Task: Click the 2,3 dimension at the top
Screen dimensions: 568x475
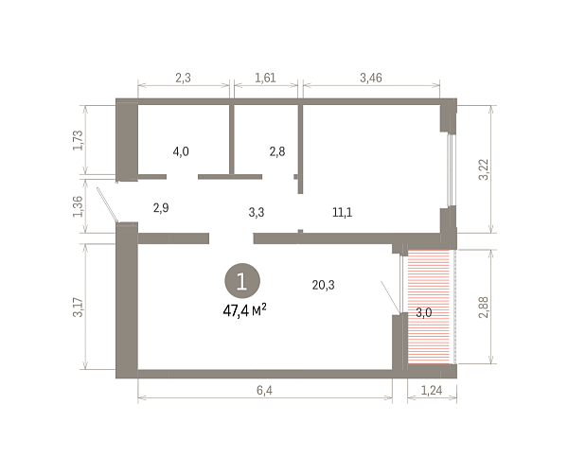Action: coord(183,78)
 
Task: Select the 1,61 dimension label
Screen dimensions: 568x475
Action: coord(265,78)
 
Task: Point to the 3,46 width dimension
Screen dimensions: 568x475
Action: coord(371,78)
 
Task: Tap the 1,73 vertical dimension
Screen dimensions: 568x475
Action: coord(79,140)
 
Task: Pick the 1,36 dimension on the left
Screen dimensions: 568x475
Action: coord(79,206)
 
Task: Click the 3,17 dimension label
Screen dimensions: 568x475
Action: coord(79,307)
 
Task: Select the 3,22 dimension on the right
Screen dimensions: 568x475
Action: coord(484,169)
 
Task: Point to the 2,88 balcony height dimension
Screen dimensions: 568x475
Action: coord(484,307)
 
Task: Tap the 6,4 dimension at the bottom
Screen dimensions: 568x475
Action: coord(264,390)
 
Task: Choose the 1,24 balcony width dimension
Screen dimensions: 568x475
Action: coord(432,390)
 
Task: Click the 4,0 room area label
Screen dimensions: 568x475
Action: coord(181,151)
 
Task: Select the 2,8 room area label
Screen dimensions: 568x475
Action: coord(277,151)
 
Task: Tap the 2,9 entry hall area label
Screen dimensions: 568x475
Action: coord(161,208)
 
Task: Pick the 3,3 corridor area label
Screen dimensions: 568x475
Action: coord(257,212)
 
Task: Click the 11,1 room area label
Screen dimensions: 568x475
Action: coord(343,212)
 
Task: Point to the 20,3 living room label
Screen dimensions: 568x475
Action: coord(324,285)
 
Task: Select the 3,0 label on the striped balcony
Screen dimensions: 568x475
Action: coord(424,312)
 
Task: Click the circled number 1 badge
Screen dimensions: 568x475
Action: coord(242,281)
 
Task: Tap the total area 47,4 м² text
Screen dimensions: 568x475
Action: coord(245,310)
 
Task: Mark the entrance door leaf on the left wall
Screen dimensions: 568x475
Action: coord(107,204)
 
